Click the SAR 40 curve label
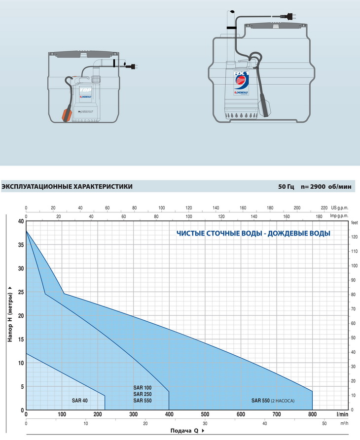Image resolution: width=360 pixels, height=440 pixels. point(79,401)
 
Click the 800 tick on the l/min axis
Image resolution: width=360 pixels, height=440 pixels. point(312,414)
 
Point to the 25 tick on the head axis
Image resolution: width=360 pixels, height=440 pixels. point(21,292)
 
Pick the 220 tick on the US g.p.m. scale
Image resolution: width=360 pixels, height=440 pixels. point(324,208)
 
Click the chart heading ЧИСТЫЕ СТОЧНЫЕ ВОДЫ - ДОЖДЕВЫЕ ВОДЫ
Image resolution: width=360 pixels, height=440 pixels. point(253,234)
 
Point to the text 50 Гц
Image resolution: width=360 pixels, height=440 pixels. point(286,187)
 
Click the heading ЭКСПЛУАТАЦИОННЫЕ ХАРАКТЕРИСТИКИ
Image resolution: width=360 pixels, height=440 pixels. point(67,187)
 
